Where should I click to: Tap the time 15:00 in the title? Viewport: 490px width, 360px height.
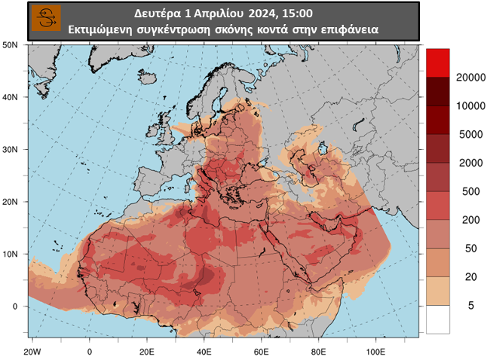[x=298, y=14]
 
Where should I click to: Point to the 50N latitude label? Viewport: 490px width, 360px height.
[x=11, y=44]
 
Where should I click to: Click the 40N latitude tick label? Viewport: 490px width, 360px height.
[x=11, y=97]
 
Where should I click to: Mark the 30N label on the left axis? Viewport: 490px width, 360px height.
[x=11, y=149]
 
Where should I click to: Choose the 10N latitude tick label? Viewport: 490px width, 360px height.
[x=11, y=254]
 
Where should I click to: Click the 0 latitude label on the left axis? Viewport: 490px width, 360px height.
[x=14, y=307]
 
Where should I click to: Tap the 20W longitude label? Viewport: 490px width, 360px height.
[x=31, y=352]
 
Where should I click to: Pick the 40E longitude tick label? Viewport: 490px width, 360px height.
[x=204, y=352]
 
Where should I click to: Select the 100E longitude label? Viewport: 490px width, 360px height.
[x=375, y=352]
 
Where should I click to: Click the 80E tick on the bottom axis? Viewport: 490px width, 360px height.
[x=319, y=352]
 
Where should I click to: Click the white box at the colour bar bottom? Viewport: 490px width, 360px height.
[x=437, y=319]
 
